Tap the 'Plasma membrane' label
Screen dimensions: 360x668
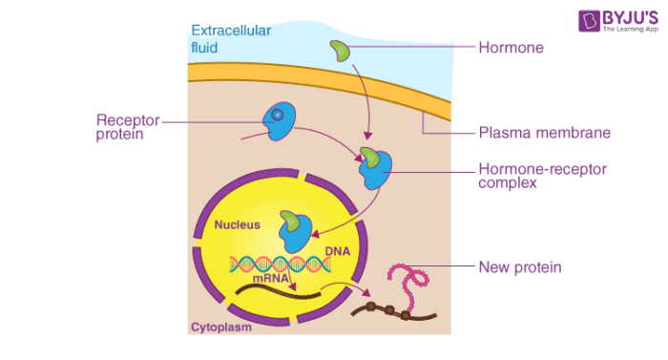point(532,133)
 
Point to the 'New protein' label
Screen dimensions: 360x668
point(519,267)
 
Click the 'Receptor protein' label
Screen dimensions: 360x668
point(128,127)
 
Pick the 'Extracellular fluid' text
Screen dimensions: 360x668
point(231,38)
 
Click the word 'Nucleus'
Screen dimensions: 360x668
point(236,226)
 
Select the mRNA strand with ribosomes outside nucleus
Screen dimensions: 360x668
point(391,311)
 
